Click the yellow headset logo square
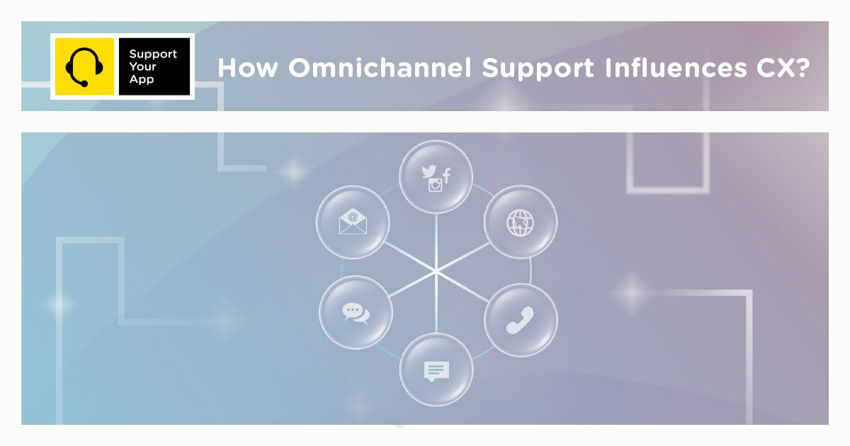(84, 67)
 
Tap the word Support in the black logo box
(153, 54)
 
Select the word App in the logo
(141, 79)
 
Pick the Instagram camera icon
(435, 185)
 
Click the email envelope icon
(353, 222)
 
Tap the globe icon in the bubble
(520, 223)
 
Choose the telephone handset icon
(520, 320)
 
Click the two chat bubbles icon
(356, 312)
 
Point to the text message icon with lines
(436, 370)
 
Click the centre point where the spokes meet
(436, 271)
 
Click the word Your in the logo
(142, 67)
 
